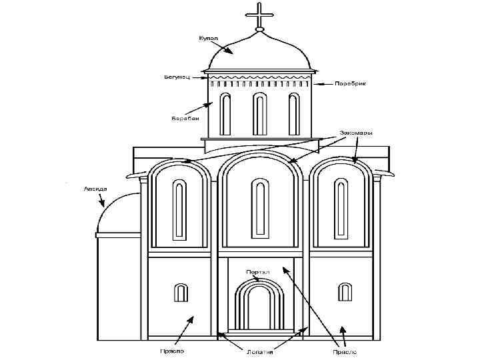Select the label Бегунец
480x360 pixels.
coord(177,77)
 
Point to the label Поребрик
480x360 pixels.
coord(350,84)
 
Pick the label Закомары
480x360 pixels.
coord(356,133)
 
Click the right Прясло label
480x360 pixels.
coord(345,349)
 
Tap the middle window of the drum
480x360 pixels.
coord(259,113)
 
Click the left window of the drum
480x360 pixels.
coord(226,114)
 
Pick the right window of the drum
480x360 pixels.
coord(293,114)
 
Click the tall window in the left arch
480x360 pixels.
coord(179,209)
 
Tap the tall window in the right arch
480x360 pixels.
coord(341,209)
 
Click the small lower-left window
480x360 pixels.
coord(180,292)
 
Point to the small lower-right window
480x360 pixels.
coord(345,292)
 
